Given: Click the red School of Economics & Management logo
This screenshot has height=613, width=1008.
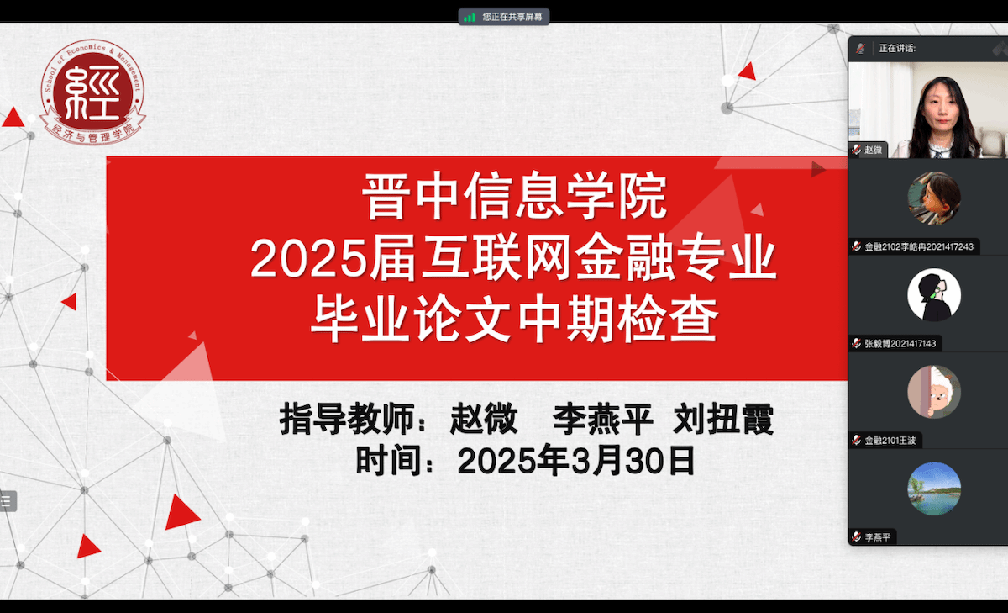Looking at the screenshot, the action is pyautogui.click(x=92, y=92).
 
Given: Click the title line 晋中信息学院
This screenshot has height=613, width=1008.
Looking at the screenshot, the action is pyautogui.click(x=514, y=197).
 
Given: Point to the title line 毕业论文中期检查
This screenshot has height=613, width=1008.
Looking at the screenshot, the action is pyautogui.click(x=514, y=319).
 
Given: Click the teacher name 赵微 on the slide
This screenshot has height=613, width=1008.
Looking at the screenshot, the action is pyautogui.click(x=484, y=419).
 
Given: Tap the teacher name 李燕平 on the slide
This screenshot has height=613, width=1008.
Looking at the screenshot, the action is pyautogui.click(x=603, y=419).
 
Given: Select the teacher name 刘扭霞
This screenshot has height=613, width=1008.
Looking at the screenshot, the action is pyautogui.click(x=723, y=419).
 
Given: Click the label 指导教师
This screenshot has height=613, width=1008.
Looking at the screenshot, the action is pyautogui.click(x=346, y=419).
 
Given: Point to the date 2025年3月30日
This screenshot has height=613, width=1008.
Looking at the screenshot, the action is pyautogui.click(x=576, y=460).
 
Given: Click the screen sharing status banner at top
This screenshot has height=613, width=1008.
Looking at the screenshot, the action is pyautogui.click(x=504, y=17).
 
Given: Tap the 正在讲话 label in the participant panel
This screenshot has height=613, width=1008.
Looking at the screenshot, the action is pyautogui.click(x=897, y=48).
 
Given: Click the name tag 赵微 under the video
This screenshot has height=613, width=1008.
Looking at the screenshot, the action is pyautogui.click(x=873, y=150).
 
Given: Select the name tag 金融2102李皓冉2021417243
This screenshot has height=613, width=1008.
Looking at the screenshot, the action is pyautogui.click(x=919, y=247).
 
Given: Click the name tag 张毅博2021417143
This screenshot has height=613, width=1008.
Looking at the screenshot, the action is pyautogui.click(x=900, y=344).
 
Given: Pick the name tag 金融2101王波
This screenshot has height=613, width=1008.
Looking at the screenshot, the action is pyautogui.click(x=890, y=441).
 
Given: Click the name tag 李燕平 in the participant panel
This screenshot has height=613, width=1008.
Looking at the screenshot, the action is pyautogui.click(x=878, y=537).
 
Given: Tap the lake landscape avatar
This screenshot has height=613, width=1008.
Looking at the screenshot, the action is pyautogui.click(x=934, y=489).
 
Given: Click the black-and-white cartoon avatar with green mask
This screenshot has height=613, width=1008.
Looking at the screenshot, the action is pyautogui.click(x=934, y=295).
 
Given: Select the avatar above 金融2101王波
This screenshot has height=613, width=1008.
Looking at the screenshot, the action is pyautogui.click(x=934, y=392).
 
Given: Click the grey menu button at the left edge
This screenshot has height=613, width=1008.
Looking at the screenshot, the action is pyautogui.click(x=8, y=501).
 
